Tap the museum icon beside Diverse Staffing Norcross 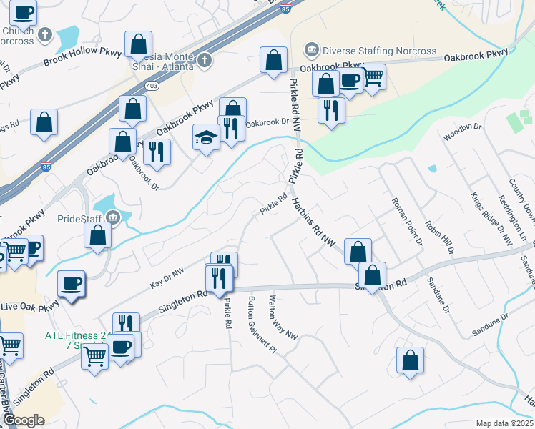312,50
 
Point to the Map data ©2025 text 504,423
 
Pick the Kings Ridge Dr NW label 491,220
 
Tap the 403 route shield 152,85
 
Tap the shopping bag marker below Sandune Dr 410,361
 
